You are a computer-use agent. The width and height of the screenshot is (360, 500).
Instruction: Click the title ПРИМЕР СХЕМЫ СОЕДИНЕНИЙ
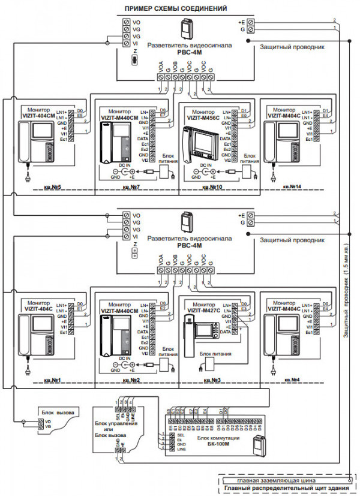[x=175, y=8]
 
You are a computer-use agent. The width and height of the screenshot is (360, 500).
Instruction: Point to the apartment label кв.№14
[x=293, y=188]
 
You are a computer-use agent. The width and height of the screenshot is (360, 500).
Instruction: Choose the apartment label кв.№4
[x=293, y=380]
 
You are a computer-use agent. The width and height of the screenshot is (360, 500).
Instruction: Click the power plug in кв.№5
[x=28, y=178]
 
